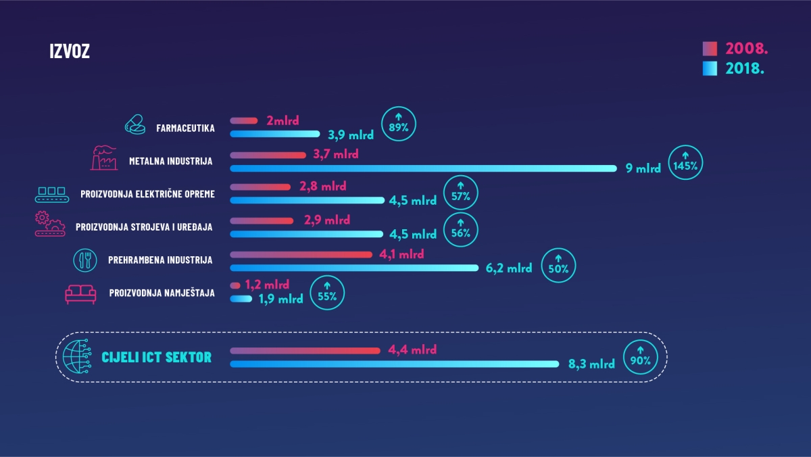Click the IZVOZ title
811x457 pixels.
point(70,51)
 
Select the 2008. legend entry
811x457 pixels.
point(736,49)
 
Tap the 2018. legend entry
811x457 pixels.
point(736,68)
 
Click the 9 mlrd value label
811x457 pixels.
point(643,168)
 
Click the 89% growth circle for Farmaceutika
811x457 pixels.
point(399,124)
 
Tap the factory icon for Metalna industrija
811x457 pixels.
point(103,159)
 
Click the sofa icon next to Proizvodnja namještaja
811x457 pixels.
point(81,293)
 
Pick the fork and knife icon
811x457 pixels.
point(85,259)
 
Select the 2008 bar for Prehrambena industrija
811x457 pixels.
point(301,254)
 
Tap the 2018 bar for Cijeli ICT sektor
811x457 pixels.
point(395,364)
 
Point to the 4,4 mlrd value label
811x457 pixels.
point(412,350)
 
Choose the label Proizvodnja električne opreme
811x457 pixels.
point(147,194)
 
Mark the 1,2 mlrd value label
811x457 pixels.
point(267,285)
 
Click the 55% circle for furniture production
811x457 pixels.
point(326,293)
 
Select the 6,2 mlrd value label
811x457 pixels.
point(509,268)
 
